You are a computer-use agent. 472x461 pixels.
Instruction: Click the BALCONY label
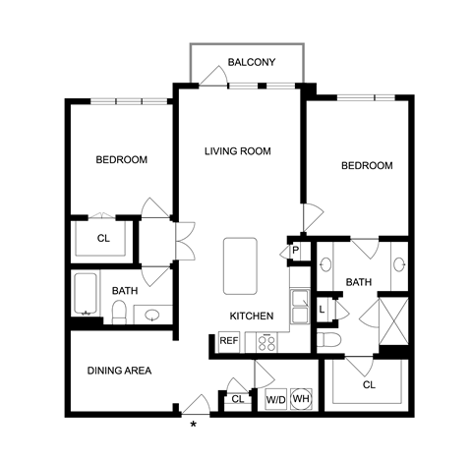pyautogui.click(x=252, y=62)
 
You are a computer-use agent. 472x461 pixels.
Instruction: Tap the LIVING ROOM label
pyautogui.click(x=238, y=151)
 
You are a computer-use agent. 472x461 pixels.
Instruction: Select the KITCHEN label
pyautogui.click(x=252, y=316)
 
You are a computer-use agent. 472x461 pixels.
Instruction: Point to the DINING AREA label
pyautogui.click(x=119, y=371)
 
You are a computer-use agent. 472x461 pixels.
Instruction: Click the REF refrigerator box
pyautogui.click(x=229, y=342)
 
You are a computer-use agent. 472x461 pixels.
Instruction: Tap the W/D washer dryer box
pyautogui.click(x=276, y=399)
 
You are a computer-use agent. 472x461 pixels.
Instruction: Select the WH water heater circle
pyautogui.click(x=301, y=399)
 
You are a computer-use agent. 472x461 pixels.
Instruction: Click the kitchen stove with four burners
pyautogui.click(x=266, y=342)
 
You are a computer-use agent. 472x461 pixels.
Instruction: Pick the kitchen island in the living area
pyautogui.click(x=240, y=265)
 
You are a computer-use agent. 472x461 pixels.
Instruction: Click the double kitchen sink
pyautogui.click(x=300, y=307)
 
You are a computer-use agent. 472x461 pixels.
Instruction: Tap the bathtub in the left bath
pyautogui.click(x=86, y=294)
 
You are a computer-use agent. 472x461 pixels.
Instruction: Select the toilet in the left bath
pyautogui.click(x=119, y=313)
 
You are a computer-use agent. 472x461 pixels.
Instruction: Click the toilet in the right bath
pyautogui.click(x=329, y=340)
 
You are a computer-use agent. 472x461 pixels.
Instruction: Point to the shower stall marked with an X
pyautogui.click(x=393, y=321)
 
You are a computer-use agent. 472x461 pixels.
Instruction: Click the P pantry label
pyautogui.click(x=295, y=251)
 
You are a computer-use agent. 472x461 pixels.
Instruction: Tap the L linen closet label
pyautogui.click(x=322, y=309)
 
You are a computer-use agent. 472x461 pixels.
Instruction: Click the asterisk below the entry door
pyautogui.click(x=194, y=425)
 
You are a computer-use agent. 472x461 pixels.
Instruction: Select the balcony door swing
pyautogui.click(x=213, y=76)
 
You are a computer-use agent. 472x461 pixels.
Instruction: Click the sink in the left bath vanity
pyautogui.click(x=152, y=316)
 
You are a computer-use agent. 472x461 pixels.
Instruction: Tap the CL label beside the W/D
pyautogui.click(x=238, y=399)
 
